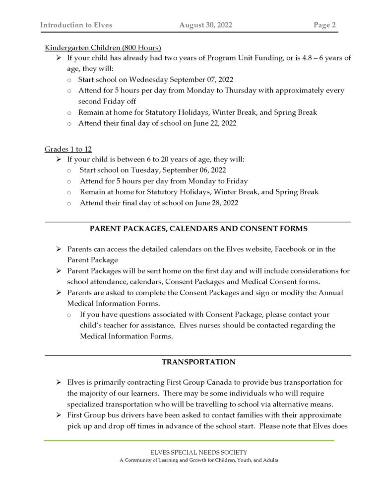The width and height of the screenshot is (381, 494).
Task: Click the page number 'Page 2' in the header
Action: (325, 25)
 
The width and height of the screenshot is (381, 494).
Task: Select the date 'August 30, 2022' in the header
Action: (206, 25)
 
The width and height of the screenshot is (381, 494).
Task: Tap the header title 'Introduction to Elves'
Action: (76, 25)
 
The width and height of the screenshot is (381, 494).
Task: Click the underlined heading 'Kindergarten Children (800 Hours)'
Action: (103, 48)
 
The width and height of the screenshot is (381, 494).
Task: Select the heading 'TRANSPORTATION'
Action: (198, 362)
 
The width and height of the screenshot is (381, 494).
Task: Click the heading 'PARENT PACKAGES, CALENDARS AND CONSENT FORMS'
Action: (198, 229)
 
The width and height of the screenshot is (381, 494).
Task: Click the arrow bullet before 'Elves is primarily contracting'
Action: (59, 384)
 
